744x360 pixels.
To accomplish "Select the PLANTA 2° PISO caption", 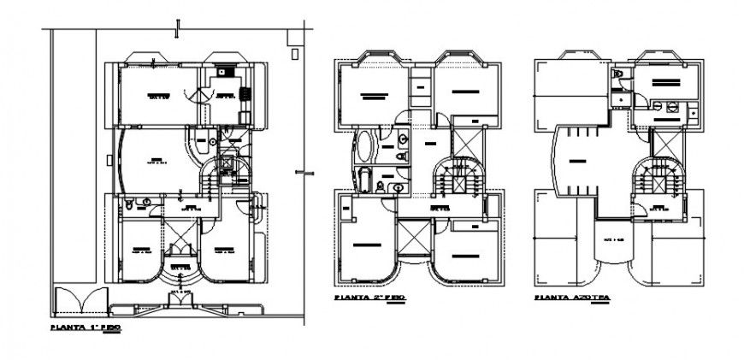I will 369,298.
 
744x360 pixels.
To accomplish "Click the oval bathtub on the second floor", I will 363,147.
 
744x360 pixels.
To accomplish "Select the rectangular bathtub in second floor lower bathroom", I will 363,180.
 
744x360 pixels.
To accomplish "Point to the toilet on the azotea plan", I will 618,78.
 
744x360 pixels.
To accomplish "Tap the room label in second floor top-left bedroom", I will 369,95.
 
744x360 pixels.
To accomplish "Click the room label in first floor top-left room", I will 156,95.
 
